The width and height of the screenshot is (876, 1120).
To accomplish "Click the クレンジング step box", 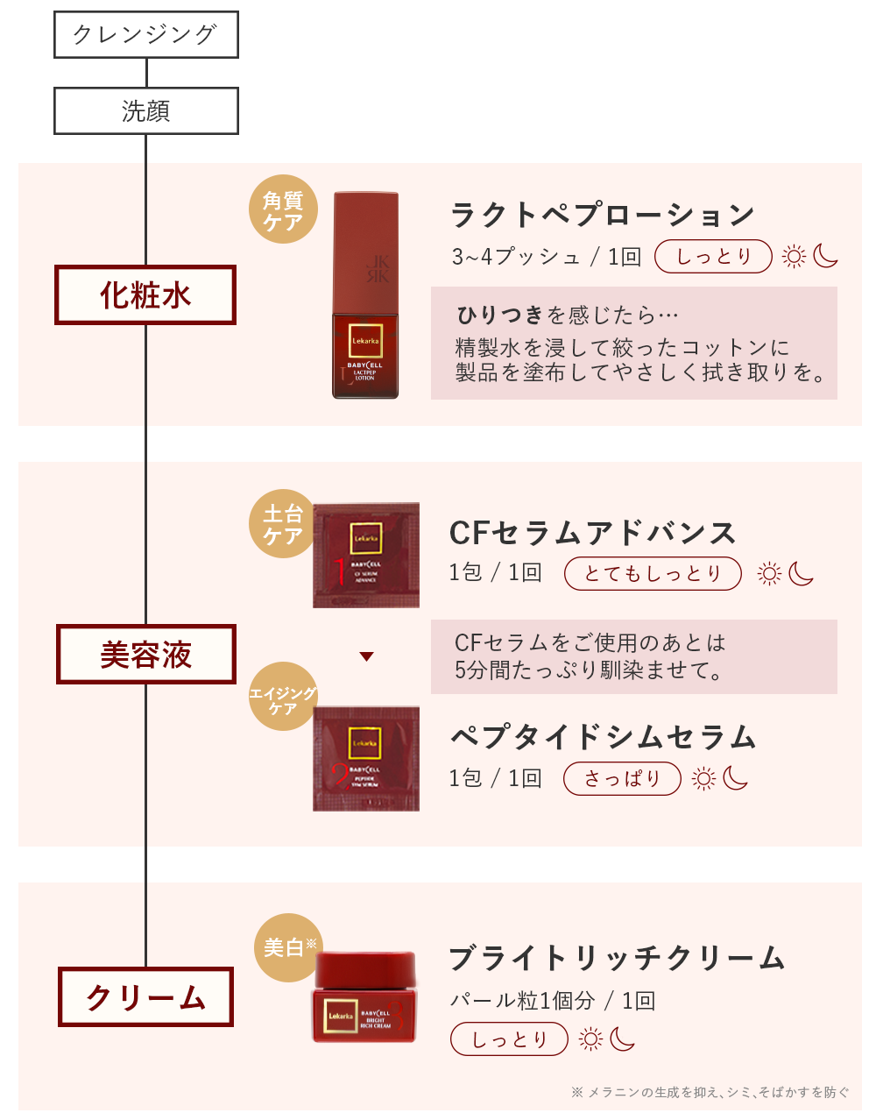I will [x=145, y=35].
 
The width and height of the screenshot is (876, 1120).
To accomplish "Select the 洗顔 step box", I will [x=145, y=111].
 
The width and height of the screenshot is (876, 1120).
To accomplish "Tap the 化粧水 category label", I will [x=145, y=295].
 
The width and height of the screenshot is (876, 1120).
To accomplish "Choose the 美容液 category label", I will [x=145, y=654].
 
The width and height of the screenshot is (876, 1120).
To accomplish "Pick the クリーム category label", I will [x=145, y=996].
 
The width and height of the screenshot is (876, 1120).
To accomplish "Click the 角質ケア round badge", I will [x=283, y=210].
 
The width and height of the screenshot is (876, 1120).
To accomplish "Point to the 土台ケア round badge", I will [x=283, y=524].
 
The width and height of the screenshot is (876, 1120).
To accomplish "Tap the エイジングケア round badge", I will [x=283, y=698].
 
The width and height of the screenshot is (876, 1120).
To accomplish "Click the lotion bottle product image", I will [x=365, y=295].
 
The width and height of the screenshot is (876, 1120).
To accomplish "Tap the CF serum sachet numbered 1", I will [x=366, y=556].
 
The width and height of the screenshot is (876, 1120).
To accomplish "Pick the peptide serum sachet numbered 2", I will [x=366, y=759].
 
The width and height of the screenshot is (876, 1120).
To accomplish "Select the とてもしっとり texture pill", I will [x=653, y=573].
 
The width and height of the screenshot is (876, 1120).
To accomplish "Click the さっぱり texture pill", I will [x=621, y=778].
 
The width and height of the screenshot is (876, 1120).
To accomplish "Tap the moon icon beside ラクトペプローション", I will [x=825, y=256].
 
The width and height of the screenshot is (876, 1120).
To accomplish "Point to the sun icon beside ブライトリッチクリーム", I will [x=591, y=1039].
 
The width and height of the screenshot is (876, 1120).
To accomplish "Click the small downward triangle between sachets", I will [x=367, y=656].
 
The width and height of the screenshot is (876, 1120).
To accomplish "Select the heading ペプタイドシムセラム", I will [x=603, y=737].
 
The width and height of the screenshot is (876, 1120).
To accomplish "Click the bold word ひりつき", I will [x=500, y=315].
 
